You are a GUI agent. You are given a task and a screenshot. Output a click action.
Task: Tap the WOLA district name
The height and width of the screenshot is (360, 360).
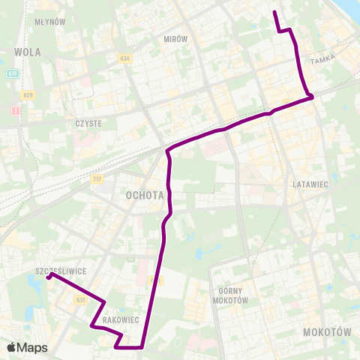(x=27, y=52)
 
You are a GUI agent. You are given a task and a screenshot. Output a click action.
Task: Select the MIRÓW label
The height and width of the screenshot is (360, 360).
(x=174, y=37)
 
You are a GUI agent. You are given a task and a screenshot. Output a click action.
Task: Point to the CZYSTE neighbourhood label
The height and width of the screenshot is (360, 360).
(x=88, y=123)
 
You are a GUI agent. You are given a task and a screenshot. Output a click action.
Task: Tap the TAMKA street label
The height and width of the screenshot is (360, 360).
(x=340, y=58)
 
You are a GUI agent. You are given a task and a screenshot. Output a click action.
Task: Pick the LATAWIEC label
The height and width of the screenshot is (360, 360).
(x=311, y=184)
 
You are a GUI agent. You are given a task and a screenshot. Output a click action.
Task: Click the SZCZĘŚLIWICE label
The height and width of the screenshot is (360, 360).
(x=61, y=270)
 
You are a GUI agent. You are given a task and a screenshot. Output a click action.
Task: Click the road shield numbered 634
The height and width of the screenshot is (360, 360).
(x=124, y=58)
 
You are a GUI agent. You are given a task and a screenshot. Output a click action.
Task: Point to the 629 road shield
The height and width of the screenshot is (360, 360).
(x=28, y=95)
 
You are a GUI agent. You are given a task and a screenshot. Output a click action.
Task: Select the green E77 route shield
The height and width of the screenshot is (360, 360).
(x=13, y=73)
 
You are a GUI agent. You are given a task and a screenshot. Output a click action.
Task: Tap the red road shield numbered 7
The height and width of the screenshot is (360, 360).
(x=14, y=111)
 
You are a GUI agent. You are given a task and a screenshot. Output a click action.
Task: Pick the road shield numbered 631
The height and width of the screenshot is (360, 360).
(x=80, y=299)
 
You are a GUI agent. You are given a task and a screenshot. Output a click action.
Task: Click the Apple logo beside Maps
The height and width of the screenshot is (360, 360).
(x=12, y=347)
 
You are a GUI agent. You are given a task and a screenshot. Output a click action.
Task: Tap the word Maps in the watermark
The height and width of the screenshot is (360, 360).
(x=32, y=347)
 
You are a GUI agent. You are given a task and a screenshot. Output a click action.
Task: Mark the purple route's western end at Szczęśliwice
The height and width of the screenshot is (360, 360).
(x=50, y=275)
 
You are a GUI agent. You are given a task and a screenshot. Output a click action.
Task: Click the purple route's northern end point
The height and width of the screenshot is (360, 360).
(x=274, y=12)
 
